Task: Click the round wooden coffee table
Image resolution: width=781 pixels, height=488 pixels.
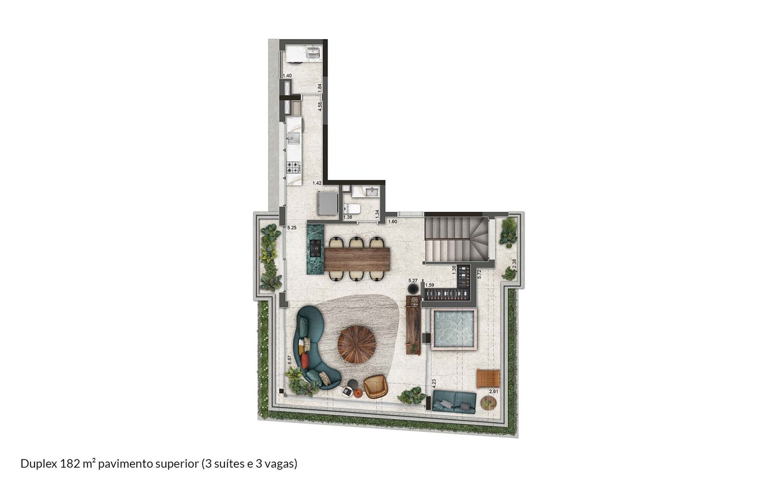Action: point(357,345)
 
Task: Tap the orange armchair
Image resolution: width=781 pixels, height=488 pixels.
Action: point(375,386)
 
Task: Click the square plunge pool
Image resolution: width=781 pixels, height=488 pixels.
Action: point(453,329)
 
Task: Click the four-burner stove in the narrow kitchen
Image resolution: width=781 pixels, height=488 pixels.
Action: point(293,167)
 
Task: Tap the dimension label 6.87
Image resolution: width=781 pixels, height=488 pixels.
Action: point(289,360)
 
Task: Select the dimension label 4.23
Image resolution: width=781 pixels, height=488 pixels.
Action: point(434,384)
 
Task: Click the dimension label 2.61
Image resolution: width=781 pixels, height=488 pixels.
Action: point(493,391)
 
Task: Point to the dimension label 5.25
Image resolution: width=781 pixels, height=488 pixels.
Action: point(292,227)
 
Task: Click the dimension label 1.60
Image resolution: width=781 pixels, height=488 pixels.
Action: point(392,222)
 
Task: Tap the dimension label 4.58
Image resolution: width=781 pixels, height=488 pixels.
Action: point(320,106)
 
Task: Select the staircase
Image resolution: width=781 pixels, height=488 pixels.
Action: point(456,239)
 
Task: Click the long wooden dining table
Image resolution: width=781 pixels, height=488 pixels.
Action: point(357,259)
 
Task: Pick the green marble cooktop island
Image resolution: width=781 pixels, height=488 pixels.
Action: point(315,249)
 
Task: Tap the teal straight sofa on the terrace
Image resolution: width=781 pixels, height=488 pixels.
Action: point(454,402)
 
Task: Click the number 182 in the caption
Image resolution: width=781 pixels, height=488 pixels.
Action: point(69,464)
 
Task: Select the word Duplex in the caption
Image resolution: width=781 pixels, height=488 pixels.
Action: point(39,464)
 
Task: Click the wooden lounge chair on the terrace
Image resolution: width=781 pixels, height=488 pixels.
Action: point(488,379)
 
